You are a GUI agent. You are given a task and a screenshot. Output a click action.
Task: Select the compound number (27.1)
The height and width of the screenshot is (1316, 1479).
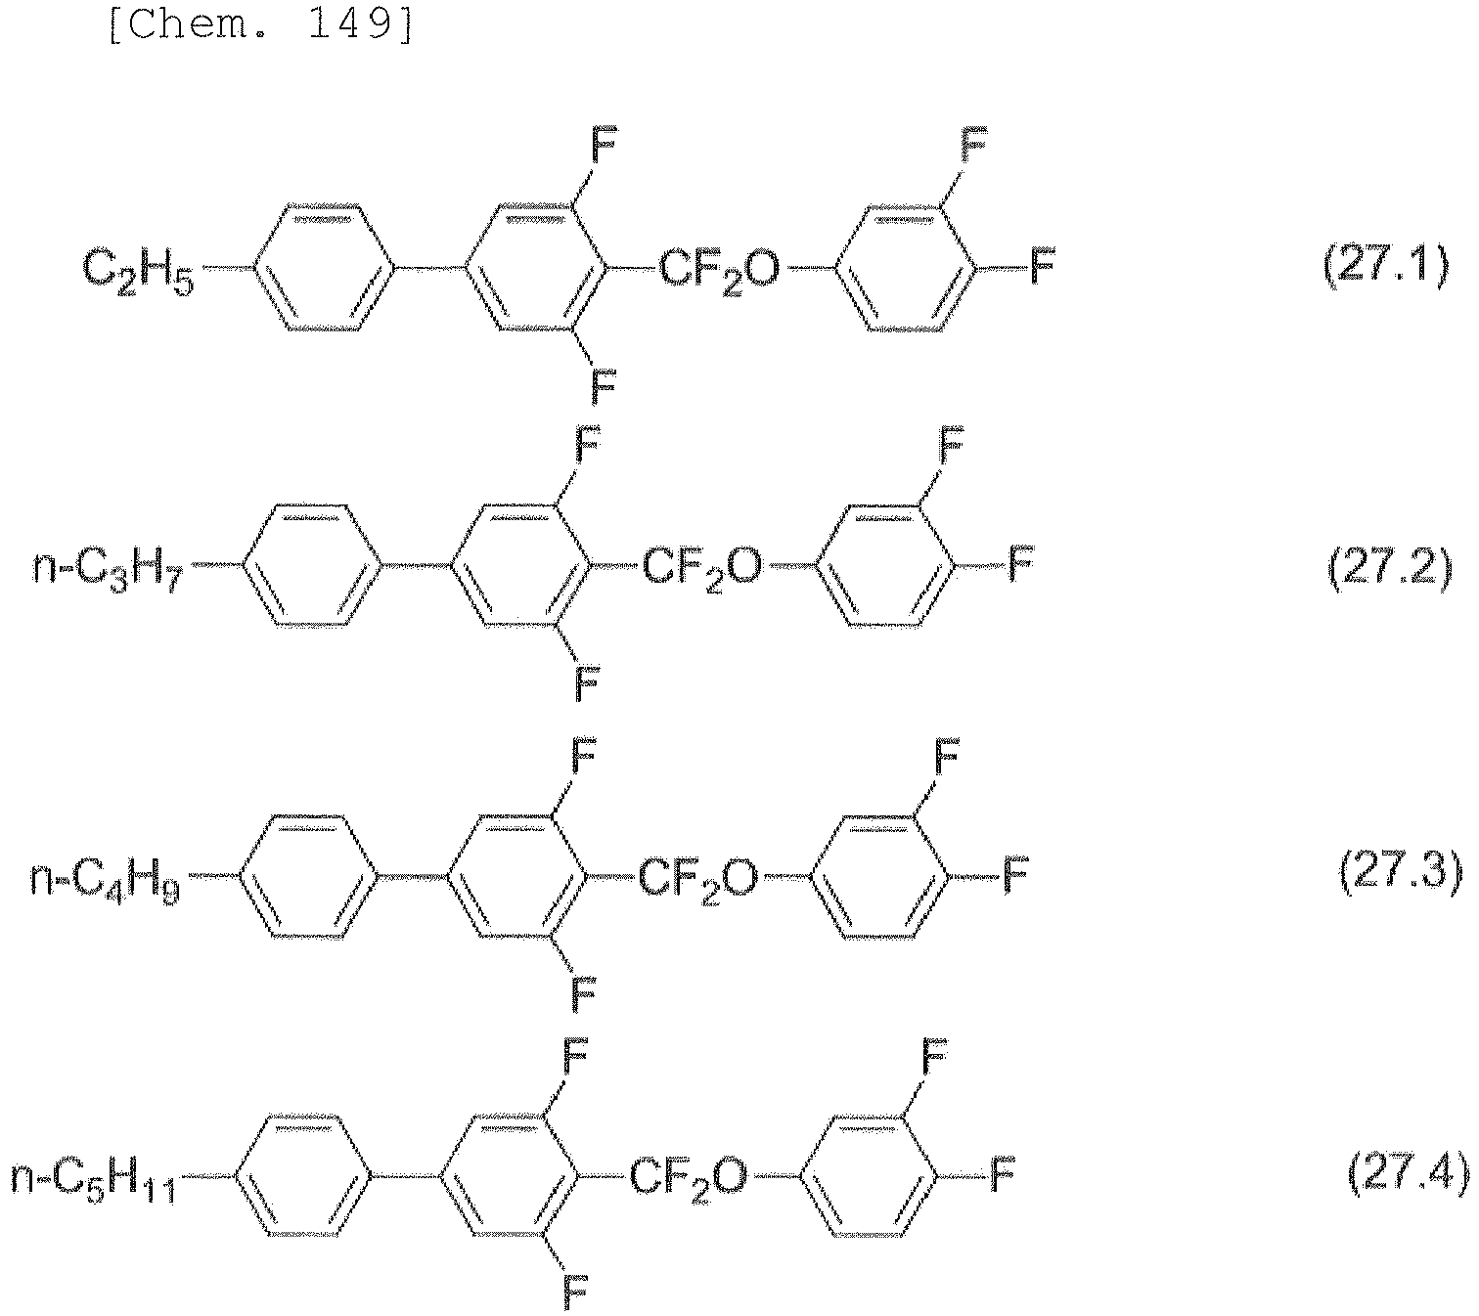click(x=1385, y=266)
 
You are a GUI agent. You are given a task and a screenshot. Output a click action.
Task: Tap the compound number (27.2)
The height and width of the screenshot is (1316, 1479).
click(x=1389, y=566)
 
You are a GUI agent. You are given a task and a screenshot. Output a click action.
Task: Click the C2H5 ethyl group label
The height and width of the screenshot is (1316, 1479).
click(x=138, y=272)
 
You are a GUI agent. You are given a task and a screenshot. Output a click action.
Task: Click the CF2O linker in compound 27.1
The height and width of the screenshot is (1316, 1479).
click(x=718, y=272)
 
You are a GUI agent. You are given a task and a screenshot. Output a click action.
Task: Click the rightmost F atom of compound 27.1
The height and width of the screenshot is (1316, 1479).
click(x=1042, y=266)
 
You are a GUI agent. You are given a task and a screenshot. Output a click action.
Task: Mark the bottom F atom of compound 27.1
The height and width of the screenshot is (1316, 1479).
click(x=603, y=386)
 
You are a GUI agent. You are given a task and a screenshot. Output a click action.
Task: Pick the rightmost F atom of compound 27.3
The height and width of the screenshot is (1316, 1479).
click(x=1015, y=874)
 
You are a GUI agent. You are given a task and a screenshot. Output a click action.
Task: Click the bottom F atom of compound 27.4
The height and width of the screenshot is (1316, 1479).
click(x=574, y=1294)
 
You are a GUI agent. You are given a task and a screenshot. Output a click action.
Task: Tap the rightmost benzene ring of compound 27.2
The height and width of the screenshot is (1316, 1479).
click(x=885, y=566)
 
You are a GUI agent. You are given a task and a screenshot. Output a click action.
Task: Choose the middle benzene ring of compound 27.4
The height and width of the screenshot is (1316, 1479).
click(x=508, y=1176)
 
